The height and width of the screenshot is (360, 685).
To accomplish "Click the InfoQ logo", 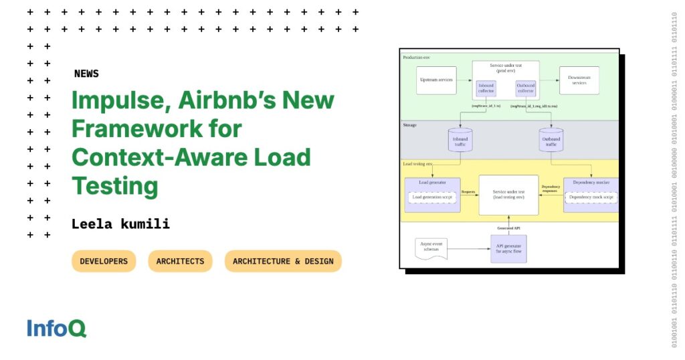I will coord(57,328).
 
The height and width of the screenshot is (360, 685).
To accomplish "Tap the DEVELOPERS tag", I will coord(104,261).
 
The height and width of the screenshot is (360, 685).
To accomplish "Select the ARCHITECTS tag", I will coord(180,261).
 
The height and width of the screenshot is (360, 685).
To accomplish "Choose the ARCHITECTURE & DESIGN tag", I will coord(283,261).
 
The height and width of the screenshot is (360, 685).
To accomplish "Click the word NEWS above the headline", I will coord(86,74).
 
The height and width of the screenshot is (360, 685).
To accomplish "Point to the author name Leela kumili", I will coord(120,224).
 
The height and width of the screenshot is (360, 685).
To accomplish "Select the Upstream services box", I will coord(436,80).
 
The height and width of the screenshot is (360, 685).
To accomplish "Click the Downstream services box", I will coord(579,80).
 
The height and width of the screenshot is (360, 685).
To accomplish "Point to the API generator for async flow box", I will coord(508,249).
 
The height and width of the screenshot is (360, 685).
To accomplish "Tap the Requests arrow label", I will coord(469,191).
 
